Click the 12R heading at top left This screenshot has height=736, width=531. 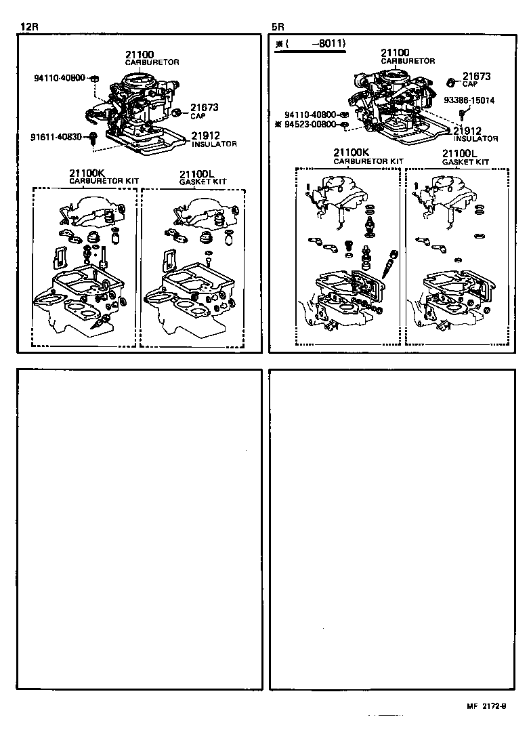29,27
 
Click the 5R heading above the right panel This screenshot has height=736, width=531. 278,27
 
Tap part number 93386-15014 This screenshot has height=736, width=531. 469,100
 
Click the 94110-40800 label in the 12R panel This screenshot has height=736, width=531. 60,78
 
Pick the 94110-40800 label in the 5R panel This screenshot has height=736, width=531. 312,115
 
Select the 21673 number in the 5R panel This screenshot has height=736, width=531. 477,77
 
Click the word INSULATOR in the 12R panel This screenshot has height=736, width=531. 214,144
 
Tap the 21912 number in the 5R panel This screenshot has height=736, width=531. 467,131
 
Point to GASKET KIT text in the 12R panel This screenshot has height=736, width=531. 203,182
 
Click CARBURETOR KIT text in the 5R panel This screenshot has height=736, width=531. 368,162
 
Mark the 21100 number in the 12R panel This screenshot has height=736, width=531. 140,54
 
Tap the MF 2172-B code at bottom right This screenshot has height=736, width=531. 486,706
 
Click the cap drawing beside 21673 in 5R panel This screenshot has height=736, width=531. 451,82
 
